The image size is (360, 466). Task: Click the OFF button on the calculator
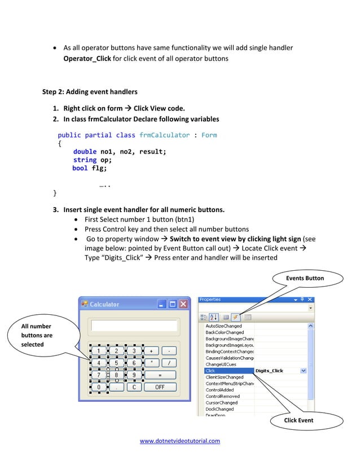160,387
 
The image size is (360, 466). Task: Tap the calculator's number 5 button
116,363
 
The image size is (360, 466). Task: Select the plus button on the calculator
151,351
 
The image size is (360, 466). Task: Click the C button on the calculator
134,387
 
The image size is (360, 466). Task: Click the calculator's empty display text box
134,326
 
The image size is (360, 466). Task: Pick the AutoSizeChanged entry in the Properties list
224,326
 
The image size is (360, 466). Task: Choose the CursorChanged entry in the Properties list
222,403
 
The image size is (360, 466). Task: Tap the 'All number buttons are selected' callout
37,335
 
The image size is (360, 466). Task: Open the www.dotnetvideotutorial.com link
180,441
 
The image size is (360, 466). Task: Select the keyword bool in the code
80,168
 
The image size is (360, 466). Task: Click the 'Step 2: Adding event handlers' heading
90,91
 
